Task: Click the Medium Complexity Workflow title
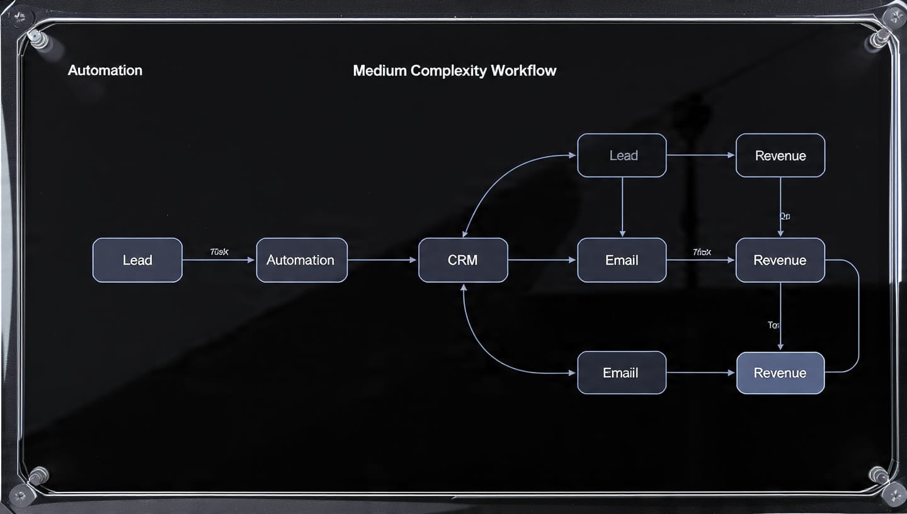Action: [x=454, y=71]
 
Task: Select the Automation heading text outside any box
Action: [x=105, y=71]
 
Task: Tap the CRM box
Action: [x=462, y=260]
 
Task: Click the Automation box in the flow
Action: [x=301, y=260]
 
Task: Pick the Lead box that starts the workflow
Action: [x=137, y=260]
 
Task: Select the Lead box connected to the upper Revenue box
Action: [x=622, y=156]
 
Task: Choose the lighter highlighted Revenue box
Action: [x=780, y=373]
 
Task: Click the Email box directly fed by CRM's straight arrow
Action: [x=622, y=260]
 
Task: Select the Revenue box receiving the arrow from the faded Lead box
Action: [x=780, y=156]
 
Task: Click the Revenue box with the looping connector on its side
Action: [x=780, y=260]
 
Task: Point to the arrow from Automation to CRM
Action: [x=382, y=260]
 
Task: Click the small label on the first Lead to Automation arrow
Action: [x=219, y=252]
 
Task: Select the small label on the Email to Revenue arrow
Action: [x=701, y=252]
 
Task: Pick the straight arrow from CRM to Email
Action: [x=542, y=260]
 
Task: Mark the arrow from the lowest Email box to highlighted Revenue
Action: [x=700, y=373]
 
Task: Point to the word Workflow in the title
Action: [x=523, y=71]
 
